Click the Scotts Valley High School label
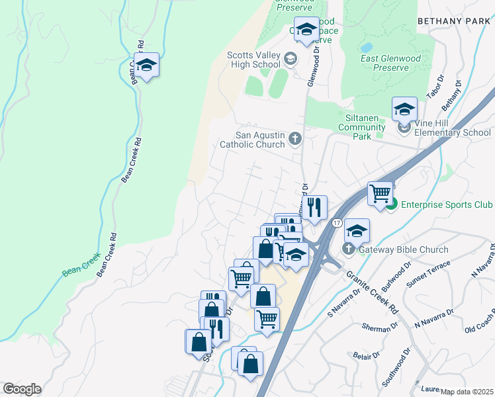click(x=253, y=60)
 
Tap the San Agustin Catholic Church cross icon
click(x=295, y=139)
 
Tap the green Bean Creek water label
click(x=81, y=263)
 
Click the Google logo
click(x=22, y=389)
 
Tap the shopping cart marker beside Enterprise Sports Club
click(x=380, y=194)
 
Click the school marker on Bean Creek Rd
click(x=147, y=66)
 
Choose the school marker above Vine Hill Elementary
click(x=404, y=109)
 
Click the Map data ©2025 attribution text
click(x=467, y=392)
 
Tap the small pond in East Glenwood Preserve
click(x=366, y=48)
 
